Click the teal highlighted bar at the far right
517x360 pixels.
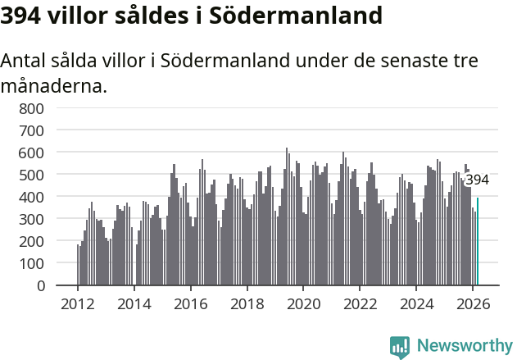[x=478, y=242]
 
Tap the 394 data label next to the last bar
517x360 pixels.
[x=477, y=180]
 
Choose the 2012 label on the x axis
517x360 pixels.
[x=78, y=303]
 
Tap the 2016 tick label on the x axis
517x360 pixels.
[x=191, y=303]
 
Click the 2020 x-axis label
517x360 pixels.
[x=303, y=303]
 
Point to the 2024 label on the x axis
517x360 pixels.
[x=416, y=303]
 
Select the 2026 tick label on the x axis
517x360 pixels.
[x=473, y=303]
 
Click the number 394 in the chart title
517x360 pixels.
[x=22, y=16]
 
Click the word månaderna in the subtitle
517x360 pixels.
[x=54, y=84]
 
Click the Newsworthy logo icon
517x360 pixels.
[x=400, y=347]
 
